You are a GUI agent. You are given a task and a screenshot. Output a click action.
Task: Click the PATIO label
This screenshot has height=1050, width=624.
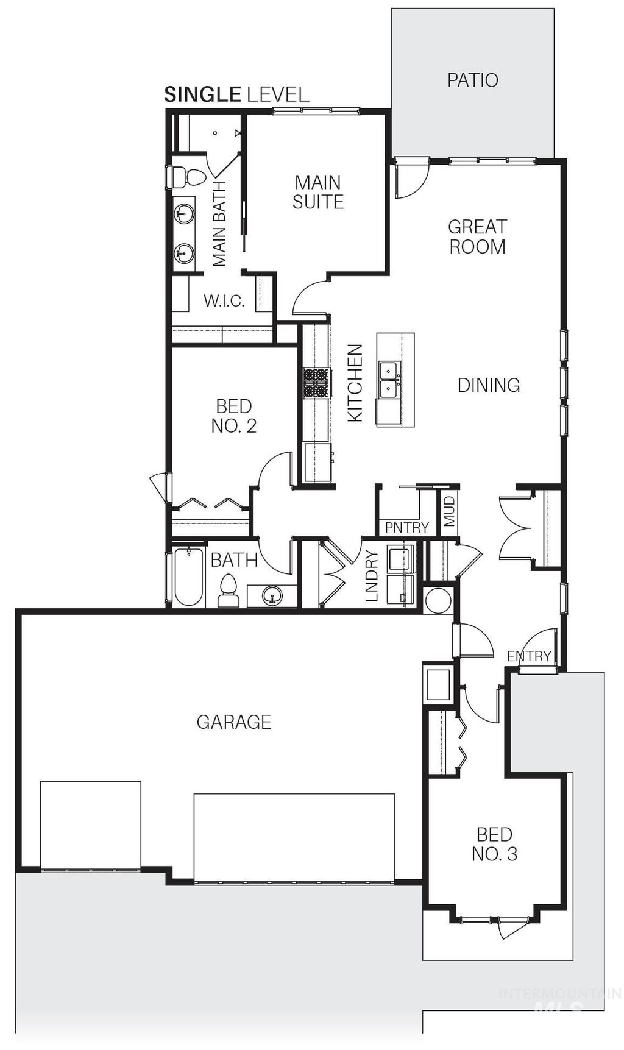point(472,80)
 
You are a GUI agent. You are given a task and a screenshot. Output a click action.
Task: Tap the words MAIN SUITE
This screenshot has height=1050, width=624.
point(317,192)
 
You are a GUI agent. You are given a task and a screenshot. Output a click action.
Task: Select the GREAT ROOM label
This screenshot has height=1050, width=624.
point(477,236)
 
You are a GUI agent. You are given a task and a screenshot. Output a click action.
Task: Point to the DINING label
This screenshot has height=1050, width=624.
point(489,385)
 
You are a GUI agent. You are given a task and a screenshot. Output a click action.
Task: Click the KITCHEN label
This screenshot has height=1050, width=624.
point(355,383)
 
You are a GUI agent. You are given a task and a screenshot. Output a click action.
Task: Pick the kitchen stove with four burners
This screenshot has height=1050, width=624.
point(316,383)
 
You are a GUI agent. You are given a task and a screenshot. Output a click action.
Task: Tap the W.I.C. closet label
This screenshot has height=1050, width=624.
point(224,300)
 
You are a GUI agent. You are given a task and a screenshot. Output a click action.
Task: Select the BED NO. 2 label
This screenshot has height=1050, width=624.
point(234,416)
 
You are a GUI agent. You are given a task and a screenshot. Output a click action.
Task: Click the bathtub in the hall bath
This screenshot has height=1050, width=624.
point(188,576)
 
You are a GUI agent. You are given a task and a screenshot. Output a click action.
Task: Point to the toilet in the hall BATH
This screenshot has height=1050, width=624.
point(229,590)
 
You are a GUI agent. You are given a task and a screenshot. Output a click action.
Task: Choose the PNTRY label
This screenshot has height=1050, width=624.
point(407,527)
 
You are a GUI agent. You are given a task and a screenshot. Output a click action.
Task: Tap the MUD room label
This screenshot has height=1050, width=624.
point(449,511)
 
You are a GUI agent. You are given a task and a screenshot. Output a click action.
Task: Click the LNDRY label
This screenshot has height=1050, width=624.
point(372,576)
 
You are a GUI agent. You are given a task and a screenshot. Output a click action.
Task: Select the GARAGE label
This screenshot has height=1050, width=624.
point(233,722)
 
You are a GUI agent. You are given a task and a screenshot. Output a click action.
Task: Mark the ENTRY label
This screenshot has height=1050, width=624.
point(529,656)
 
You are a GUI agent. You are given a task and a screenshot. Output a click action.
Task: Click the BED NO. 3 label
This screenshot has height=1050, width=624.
point(494,844)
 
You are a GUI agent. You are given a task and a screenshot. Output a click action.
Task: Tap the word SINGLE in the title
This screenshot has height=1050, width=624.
point(202,94)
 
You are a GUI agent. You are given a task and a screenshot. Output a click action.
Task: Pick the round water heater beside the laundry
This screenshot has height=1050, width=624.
point(438,600)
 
